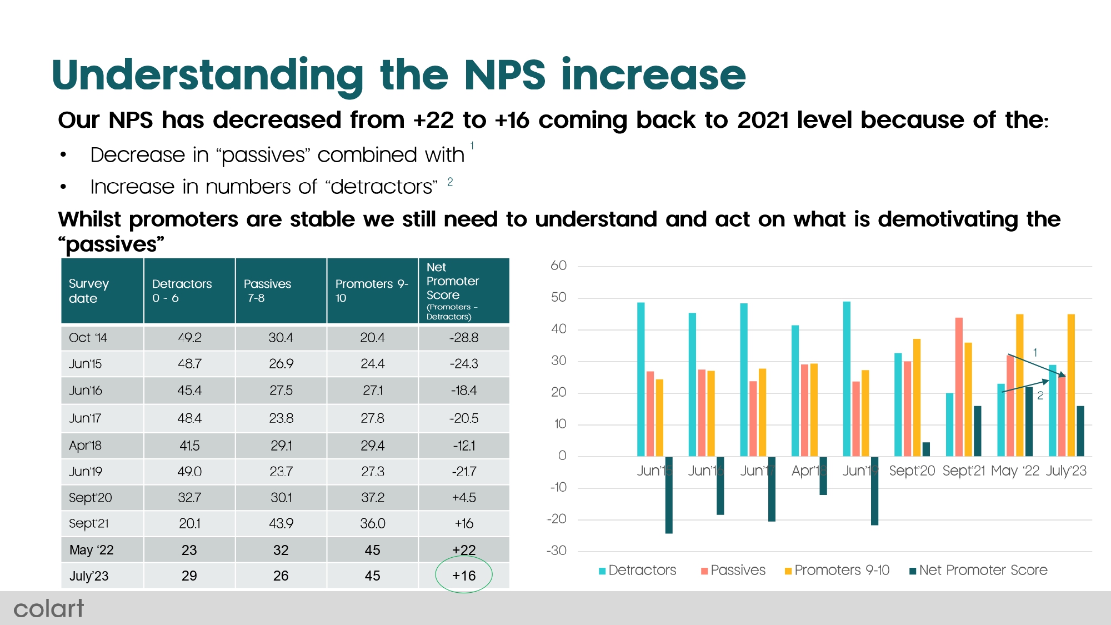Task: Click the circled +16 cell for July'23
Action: pyautogui.click(x=464, y=576)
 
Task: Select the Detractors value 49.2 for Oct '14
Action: pyautogui.click(x=189, y=338)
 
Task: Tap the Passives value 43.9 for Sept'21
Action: pyautogui.click(x=281, y=523)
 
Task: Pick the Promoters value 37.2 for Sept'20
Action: pyautogui.click(x=372, y=497)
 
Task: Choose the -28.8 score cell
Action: pyautogui.click(x=464, y=338)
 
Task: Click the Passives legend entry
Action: pyautogui.click(x=733, y=570)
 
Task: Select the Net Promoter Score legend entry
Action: pyautogui.click(x=978, y=570)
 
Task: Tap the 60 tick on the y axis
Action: pyautogui.click(x=558, y=266)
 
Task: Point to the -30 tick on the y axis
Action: pyautogui.click(x=557, y=551)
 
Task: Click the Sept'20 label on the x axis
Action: pyautogui.click(x=912, y=471)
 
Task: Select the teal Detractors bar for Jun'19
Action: pyautogui.click(x=847, y=378)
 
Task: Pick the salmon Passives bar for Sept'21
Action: pyautogui.click(x=959, y=386)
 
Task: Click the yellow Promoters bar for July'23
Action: pyautogui.click(x=1071, y=384)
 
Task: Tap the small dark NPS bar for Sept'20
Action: pyautogui.click(x=926, y=449)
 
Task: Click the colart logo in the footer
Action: pyautogui.click(x=48, y=608)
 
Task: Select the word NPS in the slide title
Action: pyautogui.click(x=505, y=75)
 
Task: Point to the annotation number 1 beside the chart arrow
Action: pyautogui.click(x=1035, y=352)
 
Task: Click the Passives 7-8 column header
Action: pyautogui.click(x=268, y=291)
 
